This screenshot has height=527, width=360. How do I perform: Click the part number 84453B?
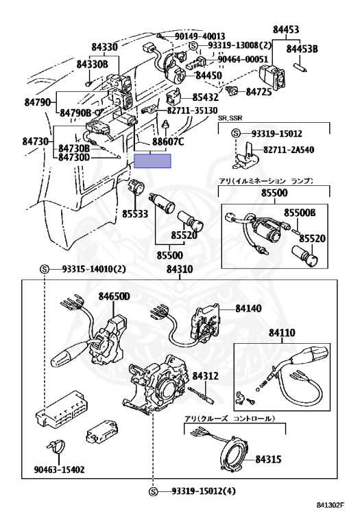tap(302, 49)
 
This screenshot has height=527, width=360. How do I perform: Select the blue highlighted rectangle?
tap(152, 161)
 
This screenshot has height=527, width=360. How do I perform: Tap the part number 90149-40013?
tap(200, 36)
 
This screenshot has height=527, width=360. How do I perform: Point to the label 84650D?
tap(115, 296)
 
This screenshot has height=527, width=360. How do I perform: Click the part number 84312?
tap(206, 376)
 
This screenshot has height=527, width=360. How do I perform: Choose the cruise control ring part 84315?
tap(237, 452)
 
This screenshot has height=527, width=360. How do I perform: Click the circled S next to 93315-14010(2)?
tap(45, 269)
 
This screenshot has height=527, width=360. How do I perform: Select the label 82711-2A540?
tap(289, 149)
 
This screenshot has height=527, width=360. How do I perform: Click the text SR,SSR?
tap(230, 118)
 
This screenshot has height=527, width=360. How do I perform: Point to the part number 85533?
tap(135, 214)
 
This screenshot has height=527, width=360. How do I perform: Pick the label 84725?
tap(259, 92)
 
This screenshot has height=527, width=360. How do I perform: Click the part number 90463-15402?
tap(59, 469)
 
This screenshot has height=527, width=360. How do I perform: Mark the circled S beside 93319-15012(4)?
tap(154, 491)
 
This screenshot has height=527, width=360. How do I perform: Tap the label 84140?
tap(248, 308)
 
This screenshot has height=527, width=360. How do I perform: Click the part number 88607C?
tap(168, 142)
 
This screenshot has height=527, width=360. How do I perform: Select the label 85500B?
tap(300, 213)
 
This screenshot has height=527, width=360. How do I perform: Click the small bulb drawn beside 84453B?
tap(302, 66)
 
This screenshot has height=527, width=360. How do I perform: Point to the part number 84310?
tap(180, 270)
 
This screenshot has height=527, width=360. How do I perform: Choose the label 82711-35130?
tap(192, 110)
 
